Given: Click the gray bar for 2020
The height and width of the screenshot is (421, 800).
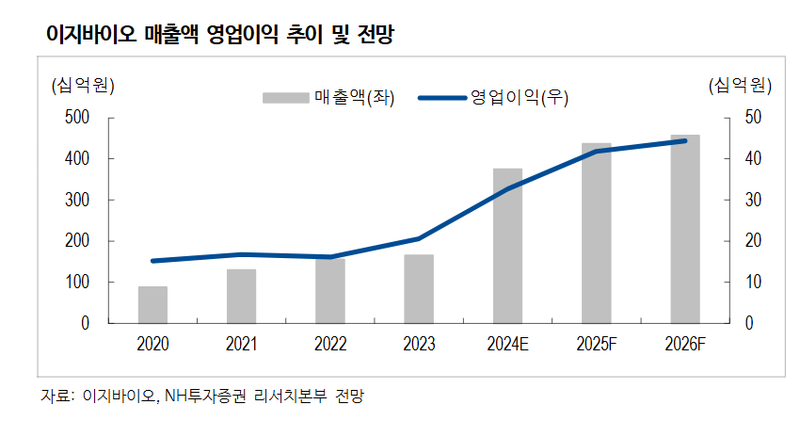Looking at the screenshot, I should click(x=152, y=304).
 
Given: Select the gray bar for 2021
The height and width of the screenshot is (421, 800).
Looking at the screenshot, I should click(x=241, y=296).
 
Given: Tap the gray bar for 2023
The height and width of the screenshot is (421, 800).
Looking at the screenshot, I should click(x=419, y=288).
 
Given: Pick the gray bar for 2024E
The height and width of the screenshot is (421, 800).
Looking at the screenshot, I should click(x=507, y=246).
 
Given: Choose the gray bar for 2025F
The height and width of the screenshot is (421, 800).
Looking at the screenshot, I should click(x=596, y=233).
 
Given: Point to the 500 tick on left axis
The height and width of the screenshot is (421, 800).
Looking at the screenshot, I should click(x=76, y=118).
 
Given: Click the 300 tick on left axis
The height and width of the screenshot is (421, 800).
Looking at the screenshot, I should click(x=76, y=200).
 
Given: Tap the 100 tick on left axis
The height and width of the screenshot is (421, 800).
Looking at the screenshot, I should click(x=76, y=283).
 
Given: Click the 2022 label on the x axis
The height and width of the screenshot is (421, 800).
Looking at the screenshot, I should click(x=329, y=345).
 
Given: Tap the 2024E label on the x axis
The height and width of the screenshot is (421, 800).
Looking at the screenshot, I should click(x=507, y=345).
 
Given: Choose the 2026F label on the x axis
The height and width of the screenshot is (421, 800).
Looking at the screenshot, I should click(x=684, y=345).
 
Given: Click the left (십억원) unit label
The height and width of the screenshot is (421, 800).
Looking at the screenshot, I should click(x=82, y=86).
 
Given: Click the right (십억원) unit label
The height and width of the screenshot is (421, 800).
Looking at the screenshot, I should click(x=740, y=86).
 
